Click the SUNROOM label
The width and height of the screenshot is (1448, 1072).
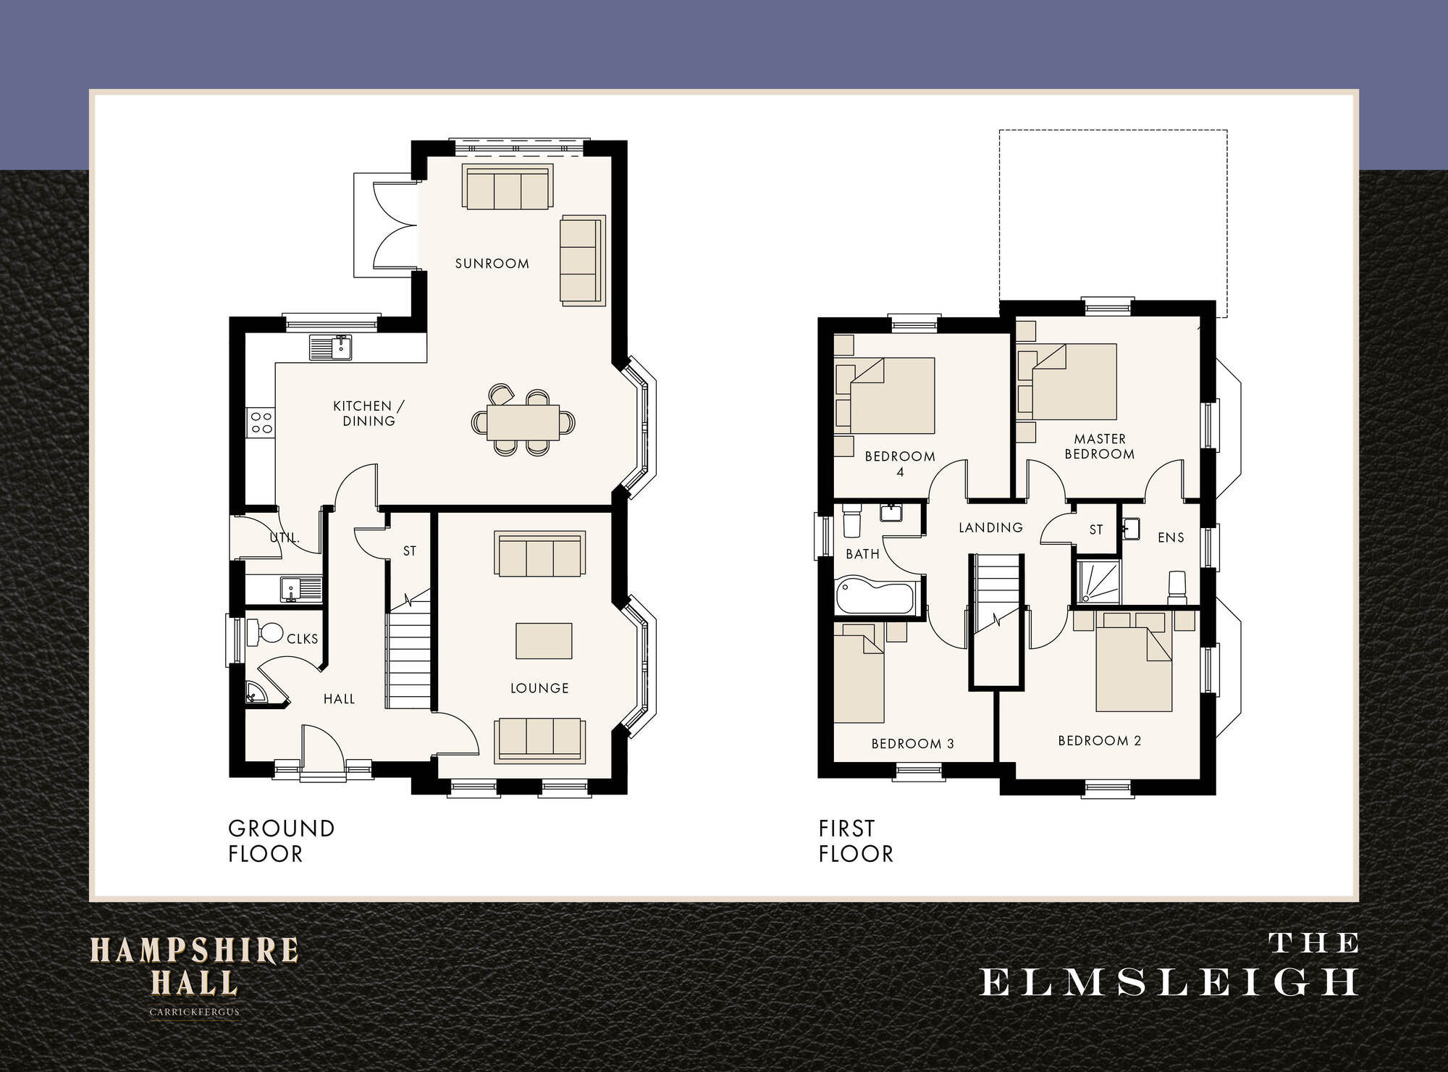492,264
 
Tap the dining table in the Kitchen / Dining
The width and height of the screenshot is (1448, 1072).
523,422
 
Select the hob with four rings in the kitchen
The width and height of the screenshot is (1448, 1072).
261,422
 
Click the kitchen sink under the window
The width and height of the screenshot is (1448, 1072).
331,348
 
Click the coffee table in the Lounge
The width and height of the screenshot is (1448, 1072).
544,641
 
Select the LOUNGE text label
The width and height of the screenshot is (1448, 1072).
539,688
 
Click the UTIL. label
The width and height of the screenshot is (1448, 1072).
284,537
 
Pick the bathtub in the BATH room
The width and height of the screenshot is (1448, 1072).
875,596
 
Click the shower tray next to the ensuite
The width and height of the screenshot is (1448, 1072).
1098,582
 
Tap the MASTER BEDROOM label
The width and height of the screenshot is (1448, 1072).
1099,446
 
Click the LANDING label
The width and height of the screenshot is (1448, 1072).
990,527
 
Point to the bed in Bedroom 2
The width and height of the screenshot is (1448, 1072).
1133,670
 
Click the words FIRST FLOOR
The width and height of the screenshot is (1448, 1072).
856,841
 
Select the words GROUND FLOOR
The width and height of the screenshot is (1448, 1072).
281,841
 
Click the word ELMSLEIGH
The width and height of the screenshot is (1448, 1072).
1169,983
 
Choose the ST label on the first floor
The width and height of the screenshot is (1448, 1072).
1096,529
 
